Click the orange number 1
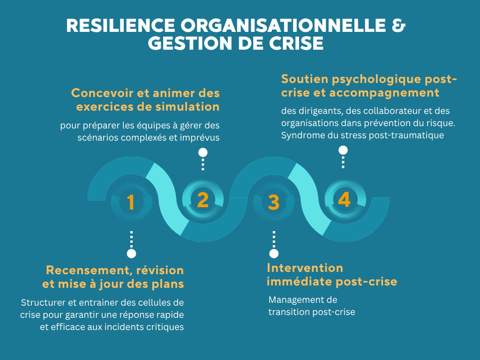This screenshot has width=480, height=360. point(131,202)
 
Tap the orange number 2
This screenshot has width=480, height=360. point(202,200)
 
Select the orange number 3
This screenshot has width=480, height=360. point(274,202)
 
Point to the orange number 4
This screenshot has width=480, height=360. point(345,200)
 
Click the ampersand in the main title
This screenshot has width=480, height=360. point(398,25)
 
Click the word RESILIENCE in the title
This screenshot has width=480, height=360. point(120,25)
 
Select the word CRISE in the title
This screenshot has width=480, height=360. point(296,43)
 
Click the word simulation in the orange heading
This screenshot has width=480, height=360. point(187,106)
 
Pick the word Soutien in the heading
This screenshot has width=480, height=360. point(305,79)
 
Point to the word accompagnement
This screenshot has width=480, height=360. point(384,93)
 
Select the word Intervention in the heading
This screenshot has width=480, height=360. point(305,268)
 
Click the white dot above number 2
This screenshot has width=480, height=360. point(202,152)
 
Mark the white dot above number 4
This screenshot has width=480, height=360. point(343,150)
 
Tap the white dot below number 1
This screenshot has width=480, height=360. point(131,254)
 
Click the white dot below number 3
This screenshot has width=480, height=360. point(274,254)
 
